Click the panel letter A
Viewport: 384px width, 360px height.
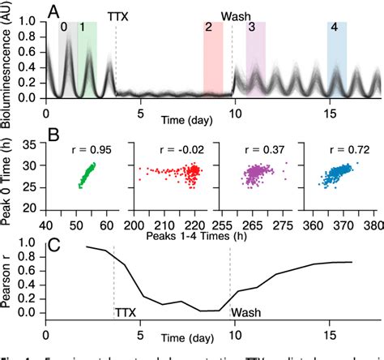pos(53,10)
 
